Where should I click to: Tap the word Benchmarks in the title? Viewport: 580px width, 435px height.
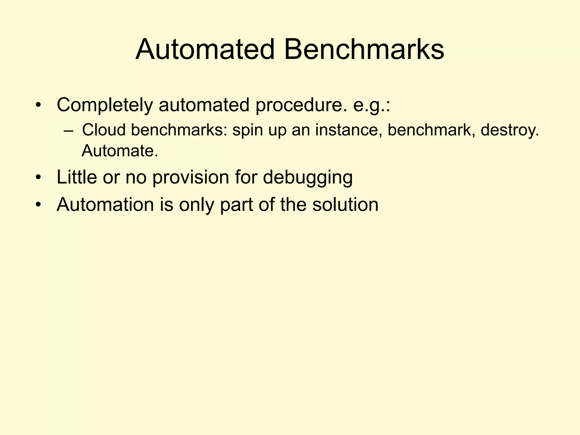click(364, 50)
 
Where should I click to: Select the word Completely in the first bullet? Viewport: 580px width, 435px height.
click(105, 105)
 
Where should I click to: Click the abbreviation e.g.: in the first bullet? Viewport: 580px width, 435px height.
click(372, 105)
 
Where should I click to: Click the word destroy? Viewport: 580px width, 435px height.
click(510, 131)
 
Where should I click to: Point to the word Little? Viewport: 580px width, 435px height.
click(77, 177)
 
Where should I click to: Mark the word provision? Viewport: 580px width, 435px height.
click(191, 178)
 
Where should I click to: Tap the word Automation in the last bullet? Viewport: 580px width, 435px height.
click(105, 204)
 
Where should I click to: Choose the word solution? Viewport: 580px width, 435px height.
click(345, 204)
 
